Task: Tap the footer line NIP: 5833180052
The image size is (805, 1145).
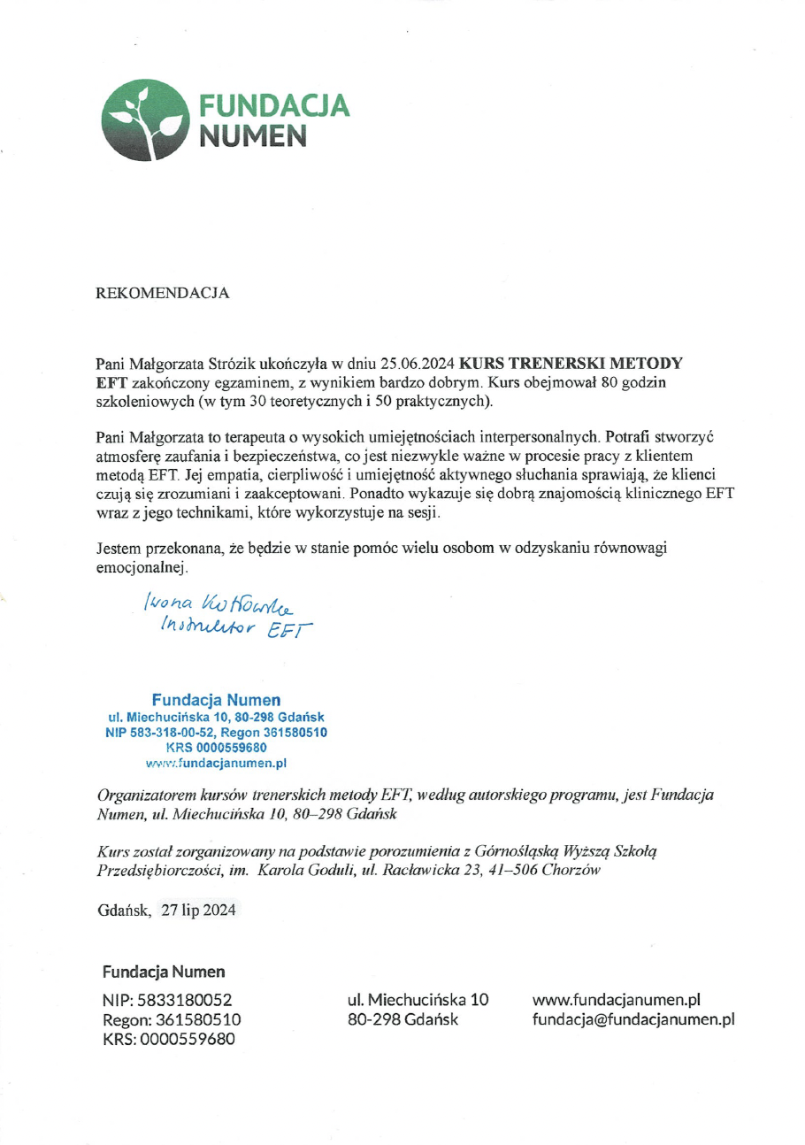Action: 167,1001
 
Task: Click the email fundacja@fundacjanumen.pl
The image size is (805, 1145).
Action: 632,1019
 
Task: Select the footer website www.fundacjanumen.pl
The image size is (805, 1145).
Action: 616,1000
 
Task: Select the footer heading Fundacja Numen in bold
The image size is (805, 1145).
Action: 164,972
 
